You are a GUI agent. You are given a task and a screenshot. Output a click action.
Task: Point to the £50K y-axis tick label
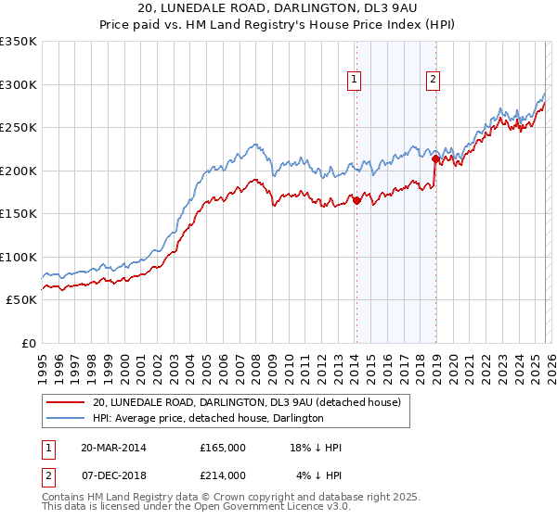(x=21, y=300)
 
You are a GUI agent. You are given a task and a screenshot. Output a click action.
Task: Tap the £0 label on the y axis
(x=28, y=343)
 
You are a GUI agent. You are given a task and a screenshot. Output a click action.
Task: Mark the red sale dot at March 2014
(x=356, y=200)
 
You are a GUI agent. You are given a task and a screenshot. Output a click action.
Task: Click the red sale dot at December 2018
(x=434, y=158)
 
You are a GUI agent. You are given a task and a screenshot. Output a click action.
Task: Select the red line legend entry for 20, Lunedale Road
(x=246, y=402)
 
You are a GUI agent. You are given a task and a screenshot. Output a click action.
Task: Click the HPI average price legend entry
(x=207, y=418)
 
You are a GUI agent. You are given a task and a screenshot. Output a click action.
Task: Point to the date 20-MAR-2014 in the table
(x=113, y=448)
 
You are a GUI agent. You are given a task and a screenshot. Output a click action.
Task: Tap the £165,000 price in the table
(x=223, y=448)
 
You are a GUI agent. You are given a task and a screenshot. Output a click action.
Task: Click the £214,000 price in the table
(x=223, y=475)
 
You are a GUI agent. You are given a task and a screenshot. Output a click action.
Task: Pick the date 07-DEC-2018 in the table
(x=113, y=475)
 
